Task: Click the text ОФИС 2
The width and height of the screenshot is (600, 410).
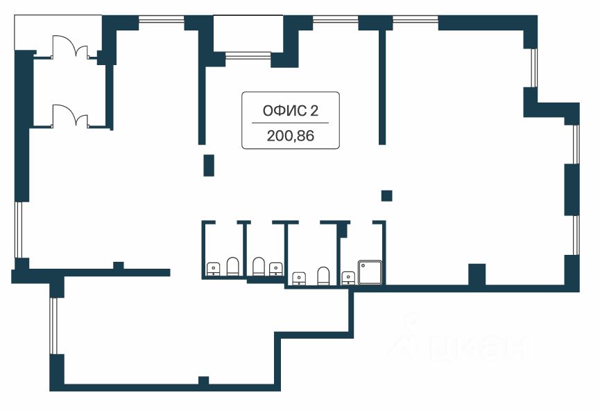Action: (x=290, y=109)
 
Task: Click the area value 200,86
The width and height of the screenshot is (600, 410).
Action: (x=290, y=136)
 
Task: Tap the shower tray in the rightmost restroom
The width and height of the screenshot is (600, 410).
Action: (x=370, y=273)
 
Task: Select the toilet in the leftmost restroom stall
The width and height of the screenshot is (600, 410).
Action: (x=232, y=267)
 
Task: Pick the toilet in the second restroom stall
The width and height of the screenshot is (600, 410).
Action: (x=258, y=267)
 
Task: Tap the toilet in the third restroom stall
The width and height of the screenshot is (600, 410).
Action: (x=323, y=276)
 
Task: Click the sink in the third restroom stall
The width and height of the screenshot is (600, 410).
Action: (x=299, y=278)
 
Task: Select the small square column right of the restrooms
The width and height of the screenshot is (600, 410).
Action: (x=387, y=195)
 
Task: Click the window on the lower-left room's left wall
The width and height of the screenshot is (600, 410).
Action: (x=53, y=326)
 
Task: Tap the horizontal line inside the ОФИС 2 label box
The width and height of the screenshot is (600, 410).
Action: (x=290, y=123)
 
